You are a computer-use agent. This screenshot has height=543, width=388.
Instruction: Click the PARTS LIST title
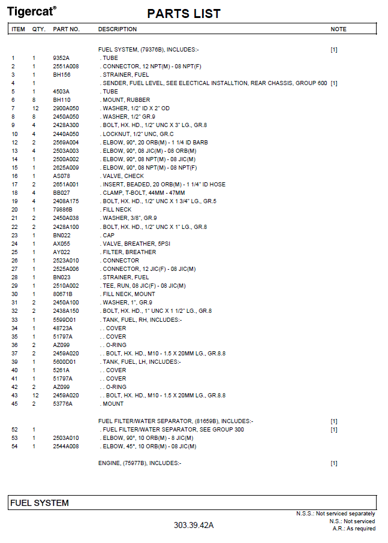click(184, 14)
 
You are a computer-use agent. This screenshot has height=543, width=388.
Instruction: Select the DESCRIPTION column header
click(117, 29)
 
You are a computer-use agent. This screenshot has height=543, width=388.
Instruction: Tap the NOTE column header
click(338, 29)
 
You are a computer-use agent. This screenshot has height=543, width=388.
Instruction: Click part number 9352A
click(61, 58)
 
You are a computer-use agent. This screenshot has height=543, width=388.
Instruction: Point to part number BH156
click(61, 75)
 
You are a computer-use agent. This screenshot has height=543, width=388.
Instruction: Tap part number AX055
click(61, 244)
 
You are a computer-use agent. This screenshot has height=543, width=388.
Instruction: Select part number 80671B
click(62, 294)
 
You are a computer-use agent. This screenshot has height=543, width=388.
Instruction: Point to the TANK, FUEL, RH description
click(141, 320)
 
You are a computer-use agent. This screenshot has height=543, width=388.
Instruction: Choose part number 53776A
click(62, 404)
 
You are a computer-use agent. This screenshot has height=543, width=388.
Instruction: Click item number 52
click(14, 430)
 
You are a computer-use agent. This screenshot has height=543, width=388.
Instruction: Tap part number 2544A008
click(65, 447)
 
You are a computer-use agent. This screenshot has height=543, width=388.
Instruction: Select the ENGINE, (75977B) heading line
click(139, 463)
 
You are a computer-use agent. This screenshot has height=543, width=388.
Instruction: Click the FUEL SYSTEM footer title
click(40, 503)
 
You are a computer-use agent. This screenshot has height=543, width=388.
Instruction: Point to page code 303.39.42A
click(194, 526)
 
